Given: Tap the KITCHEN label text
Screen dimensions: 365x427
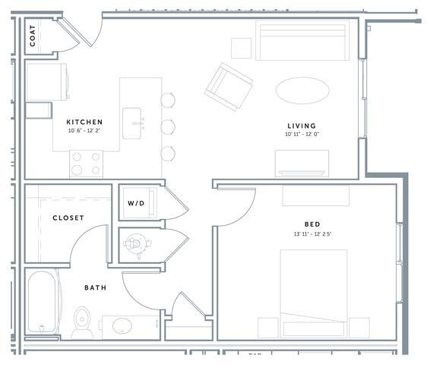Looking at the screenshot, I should (x=84, y=122).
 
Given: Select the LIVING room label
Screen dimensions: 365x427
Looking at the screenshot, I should (x=302, y=125).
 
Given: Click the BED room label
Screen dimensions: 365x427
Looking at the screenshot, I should (x=312, y=224).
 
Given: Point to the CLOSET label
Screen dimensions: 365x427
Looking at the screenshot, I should (x=68, y=218).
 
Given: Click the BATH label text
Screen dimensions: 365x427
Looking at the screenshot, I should (x=95, y=288).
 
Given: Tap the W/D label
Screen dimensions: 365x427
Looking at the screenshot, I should (x=136, y=204).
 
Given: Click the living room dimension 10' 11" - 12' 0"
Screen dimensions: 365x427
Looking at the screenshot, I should (x=302, y=135).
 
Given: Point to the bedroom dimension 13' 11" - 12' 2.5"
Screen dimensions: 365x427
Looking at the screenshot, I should (x=312, y=233).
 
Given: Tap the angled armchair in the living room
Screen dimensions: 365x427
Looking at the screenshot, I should (x=228, y=86).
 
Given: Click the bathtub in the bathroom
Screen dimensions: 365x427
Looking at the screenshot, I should (x=43, y=302).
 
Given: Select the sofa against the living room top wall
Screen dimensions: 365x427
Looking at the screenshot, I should (x=301, y=41).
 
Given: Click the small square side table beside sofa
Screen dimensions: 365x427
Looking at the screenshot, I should (x=242, y=48).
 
